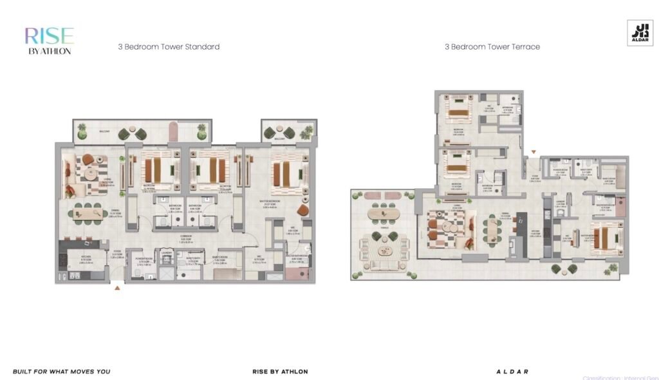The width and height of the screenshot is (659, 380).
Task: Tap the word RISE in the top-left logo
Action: tap(49, 35)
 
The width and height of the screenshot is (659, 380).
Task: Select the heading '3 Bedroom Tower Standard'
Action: tap(169, 47)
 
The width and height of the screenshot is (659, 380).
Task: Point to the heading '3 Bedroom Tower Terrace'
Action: tap(492, 47)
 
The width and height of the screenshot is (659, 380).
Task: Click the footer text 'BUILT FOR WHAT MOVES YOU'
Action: tap(61, 372)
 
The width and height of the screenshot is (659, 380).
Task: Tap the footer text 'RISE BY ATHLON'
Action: tap(280, 372)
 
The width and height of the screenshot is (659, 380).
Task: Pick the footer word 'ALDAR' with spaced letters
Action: tap(512, 372)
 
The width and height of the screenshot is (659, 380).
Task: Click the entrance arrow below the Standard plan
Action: tap(117, 289)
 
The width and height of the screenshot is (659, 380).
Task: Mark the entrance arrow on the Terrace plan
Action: tap(533, 153)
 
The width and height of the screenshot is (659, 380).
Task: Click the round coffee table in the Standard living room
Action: tap(89, 173)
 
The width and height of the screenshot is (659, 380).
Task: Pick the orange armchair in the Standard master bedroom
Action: tap(302, 211)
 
